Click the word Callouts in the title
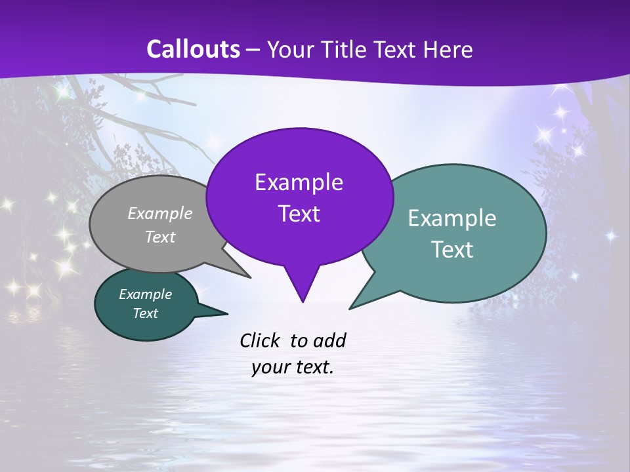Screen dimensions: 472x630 [x=193, y=50]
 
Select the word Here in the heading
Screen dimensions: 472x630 [x=447, y=50]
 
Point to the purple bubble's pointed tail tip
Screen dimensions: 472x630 [x=303, y=302]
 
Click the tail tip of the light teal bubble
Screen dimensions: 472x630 [x=350, y=308]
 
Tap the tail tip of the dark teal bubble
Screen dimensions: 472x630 [x=227, y=313]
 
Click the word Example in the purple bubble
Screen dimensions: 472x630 [x=299, y=182]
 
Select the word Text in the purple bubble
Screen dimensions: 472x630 [x=299, y=214]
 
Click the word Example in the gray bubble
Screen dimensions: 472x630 [x=160, y=213]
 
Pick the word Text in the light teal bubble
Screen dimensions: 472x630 [x=452, y=250]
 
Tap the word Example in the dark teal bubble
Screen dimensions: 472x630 [x=145, y=294]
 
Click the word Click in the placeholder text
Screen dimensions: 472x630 [x=261, y=340]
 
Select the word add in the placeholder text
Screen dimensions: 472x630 [x=329, y=340]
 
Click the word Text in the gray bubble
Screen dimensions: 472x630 [x=160, y=237]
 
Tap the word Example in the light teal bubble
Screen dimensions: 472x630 [x=452, y=218]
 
